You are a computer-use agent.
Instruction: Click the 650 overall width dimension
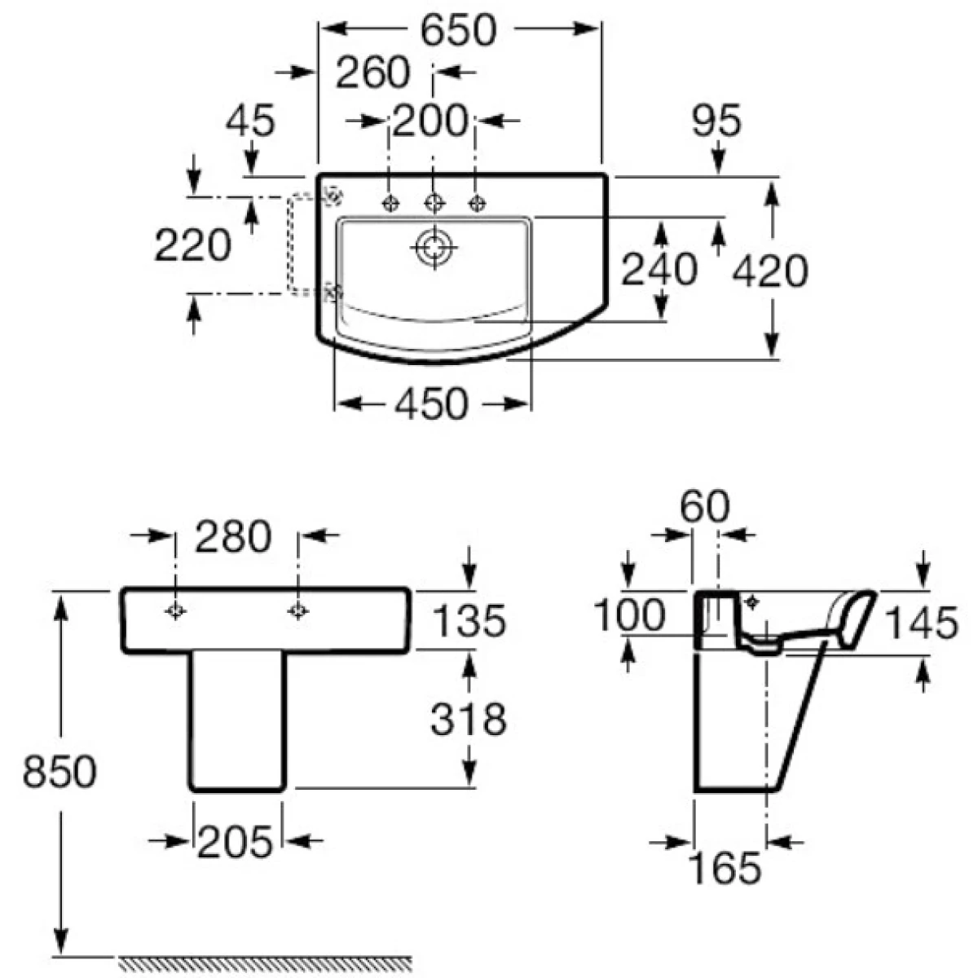(x=458, y=30)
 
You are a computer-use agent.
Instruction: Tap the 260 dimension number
(x=372, y=73)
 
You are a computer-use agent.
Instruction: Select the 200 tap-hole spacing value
(x=430, y=121)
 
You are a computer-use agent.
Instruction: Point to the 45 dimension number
(x=250, y=121)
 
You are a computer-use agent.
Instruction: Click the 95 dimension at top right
(x=716, y=121)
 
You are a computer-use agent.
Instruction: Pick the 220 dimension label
(x=193, y=245)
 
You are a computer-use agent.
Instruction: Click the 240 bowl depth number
(x=659, y=269)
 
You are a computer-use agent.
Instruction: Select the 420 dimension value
(x=769, y=271)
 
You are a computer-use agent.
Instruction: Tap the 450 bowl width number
(x=431, y=404)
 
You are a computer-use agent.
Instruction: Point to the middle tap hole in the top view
(x=434, y=204)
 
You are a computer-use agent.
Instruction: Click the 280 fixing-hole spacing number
(x=233, y=537)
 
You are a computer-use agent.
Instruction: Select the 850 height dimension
(x=59, y=771)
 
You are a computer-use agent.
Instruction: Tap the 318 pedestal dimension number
(x=469, y=719)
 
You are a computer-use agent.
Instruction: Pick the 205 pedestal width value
(x=235, y=842)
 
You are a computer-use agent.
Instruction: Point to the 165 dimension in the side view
(x=725, y=868)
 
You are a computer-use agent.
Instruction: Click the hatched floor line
(x=265, y=962)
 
